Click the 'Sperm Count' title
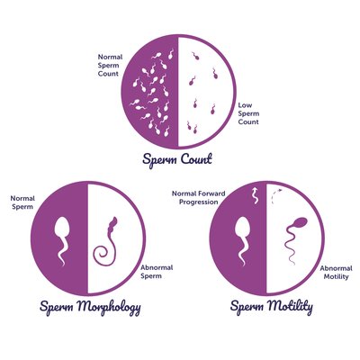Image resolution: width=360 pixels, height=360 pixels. (177, 159)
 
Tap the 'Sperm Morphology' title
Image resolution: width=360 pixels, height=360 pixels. (90, 307)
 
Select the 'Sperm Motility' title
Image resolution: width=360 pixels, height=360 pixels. (272, 307)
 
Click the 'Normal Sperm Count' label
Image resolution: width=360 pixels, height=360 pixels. (110, 65)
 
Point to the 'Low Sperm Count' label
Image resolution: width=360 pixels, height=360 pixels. (248, 113)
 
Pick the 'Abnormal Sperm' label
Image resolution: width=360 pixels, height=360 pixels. (157, 272)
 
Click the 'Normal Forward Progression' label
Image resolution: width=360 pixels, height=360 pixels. (199, 198)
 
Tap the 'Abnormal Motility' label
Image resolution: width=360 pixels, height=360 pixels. (336, 273)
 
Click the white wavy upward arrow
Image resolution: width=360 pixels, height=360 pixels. (256, 195)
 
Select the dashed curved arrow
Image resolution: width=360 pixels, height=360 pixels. (274, 195)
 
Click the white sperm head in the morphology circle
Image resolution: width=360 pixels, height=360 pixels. (62, 227)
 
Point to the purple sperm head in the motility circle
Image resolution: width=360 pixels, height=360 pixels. (301, 223)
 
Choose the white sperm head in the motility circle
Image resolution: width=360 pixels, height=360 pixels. (242, 227)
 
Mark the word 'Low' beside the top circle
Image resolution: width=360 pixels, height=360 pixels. (245, 105)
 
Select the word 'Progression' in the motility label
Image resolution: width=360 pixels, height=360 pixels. (199, 202)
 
